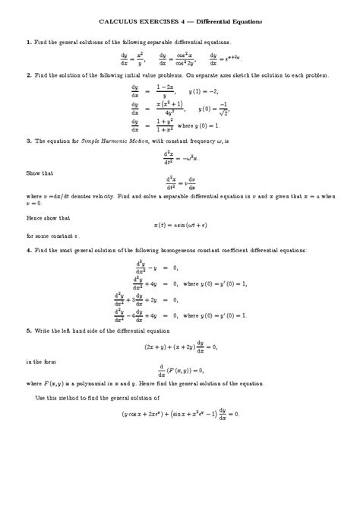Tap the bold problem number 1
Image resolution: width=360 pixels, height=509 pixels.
click(x=27, y=43)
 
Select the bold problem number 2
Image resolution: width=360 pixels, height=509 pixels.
click(x=27, y=76)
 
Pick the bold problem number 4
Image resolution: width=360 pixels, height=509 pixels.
click(x=27, y=250)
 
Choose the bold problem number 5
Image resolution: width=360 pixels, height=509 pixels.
click(x=27, y=330)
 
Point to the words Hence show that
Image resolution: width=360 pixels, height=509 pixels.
click(x=46, y=217)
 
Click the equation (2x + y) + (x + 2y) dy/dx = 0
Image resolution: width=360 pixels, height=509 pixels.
click(x=180, y=346)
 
